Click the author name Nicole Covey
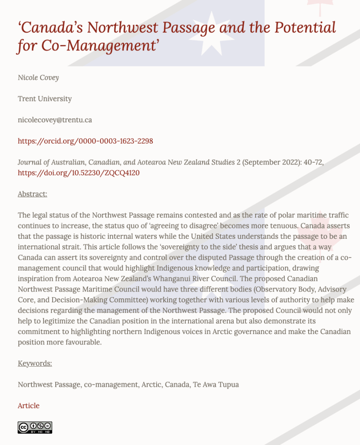38,77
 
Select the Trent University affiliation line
45,99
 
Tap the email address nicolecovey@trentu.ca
55,120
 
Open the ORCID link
85,141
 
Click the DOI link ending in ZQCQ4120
78,173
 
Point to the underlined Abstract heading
33,194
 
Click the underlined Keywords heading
35,363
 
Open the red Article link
29,405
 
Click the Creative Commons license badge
35,427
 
